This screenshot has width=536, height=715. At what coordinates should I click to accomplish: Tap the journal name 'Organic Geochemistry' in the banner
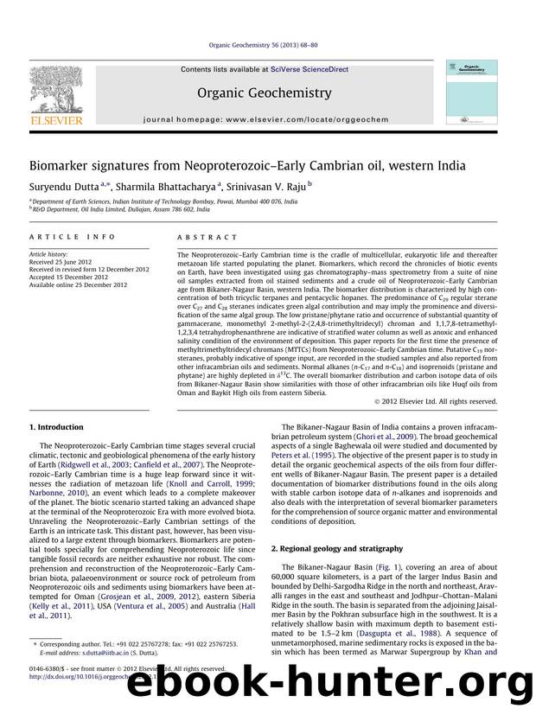pos(265,93)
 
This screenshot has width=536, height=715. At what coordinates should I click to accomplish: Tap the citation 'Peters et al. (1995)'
pos(308,477)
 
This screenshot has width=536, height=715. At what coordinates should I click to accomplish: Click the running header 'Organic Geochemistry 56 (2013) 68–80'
pos(267,51)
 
